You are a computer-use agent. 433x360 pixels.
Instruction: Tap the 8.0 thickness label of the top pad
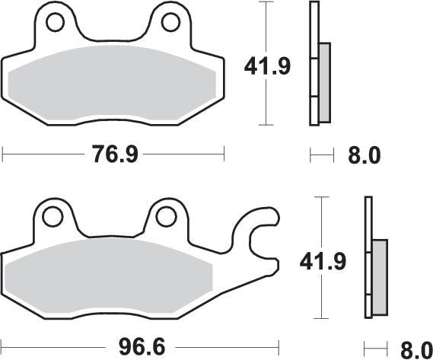tap(365, 156)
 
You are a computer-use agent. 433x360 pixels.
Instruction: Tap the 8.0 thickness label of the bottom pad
tap(415, 349)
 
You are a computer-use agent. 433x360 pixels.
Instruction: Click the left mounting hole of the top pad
tap(55, 24)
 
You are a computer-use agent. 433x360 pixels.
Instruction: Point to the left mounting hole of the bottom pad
tap(52, 217)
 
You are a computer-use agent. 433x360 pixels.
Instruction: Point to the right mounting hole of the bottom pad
tap(166, 217)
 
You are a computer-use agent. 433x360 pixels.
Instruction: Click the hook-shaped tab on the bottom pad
tap(263, 228)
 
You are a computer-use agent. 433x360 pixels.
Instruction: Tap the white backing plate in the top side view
tap(313, 61)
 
